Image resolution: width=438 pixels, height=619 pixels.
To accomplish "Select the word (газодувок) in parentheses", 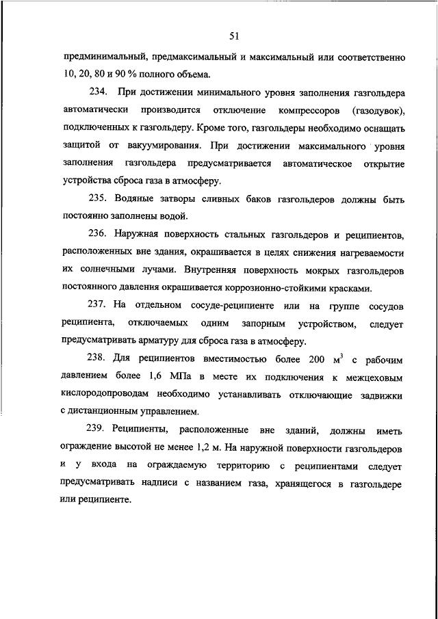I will click(x=380, y=109).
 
